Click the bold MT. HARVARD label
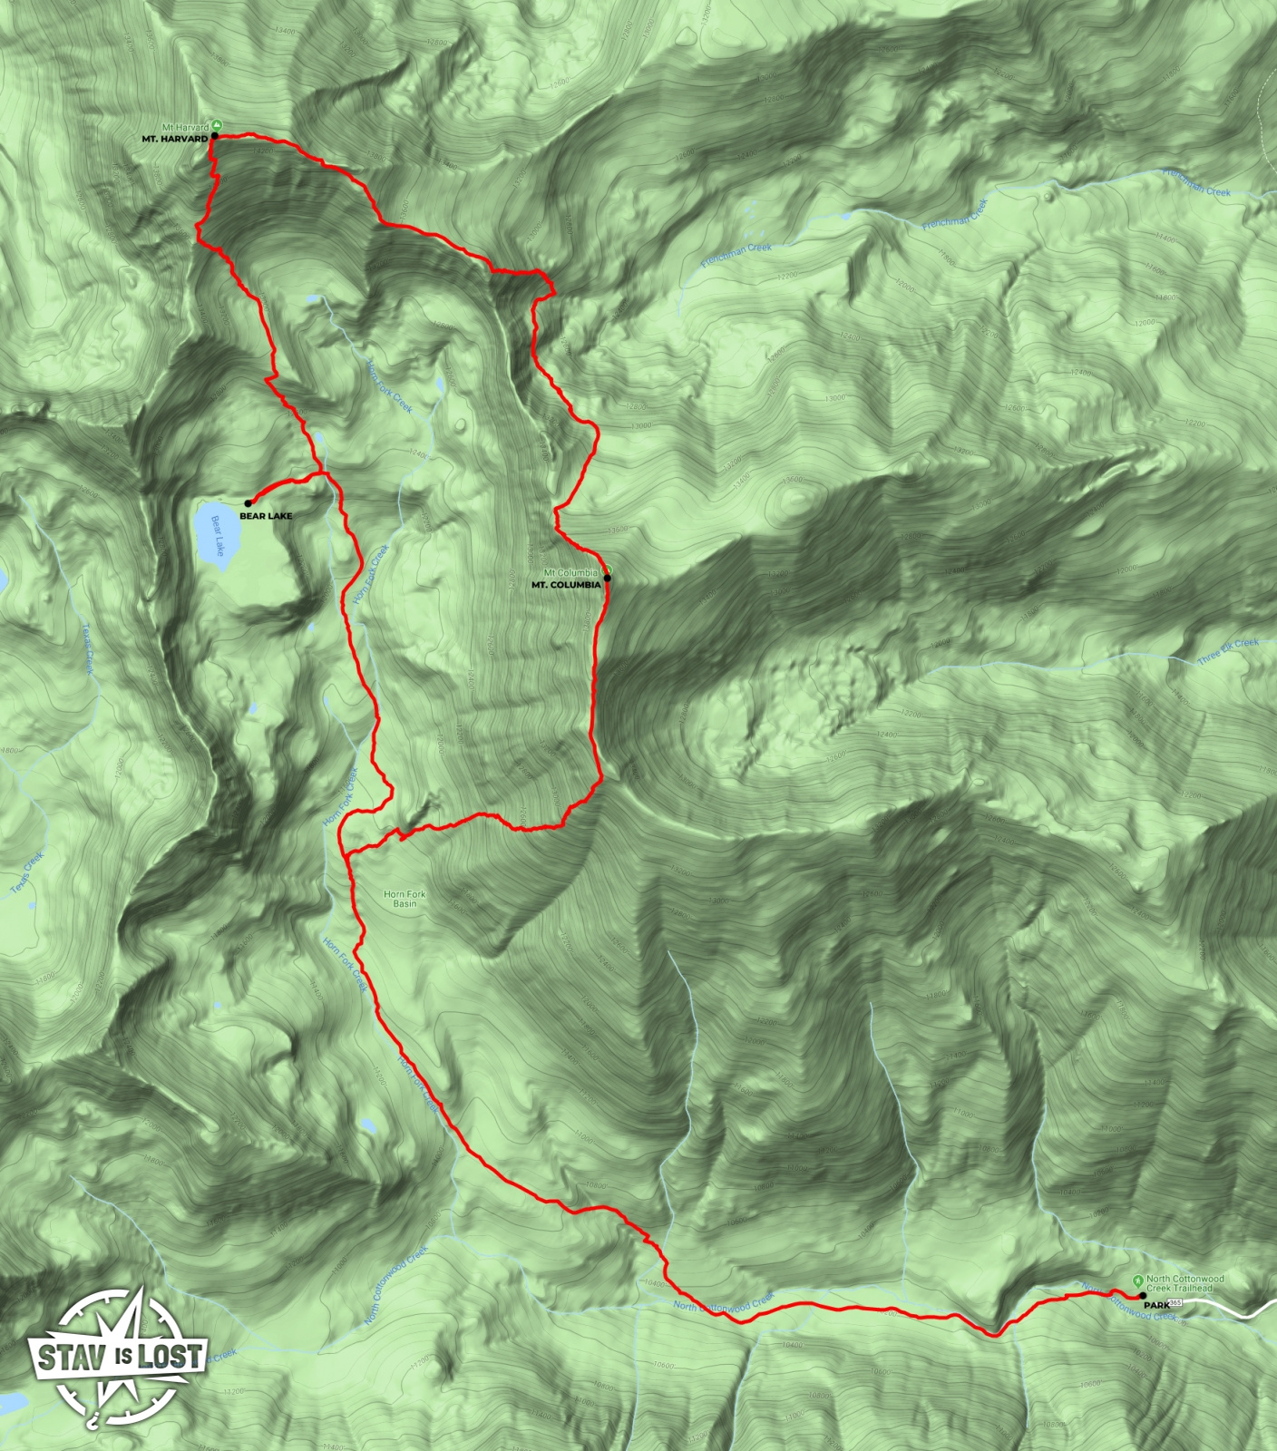[174, 140]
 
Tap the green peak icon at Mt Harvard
[217, 126]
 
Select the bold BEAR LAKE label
[266, 516]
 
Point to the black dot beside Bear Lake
[248, 503]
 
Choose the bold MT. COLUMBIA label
[566, 585]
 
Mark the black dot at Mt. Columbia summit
[607, 578]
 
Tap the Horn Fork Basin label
[405, 899]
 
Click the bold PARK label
[1156, 1305]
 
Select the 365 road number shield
[1176, 1303]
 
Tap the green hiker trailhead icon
[1137, 1281]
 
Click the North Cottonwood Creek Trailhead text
[1184, 1283]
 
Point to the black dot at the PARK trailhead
[1141, 1297]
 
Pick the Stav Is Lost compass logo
[118, 1357]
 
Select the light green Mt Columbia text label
[570, 573]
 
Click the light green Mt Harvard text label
[185, 128]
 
